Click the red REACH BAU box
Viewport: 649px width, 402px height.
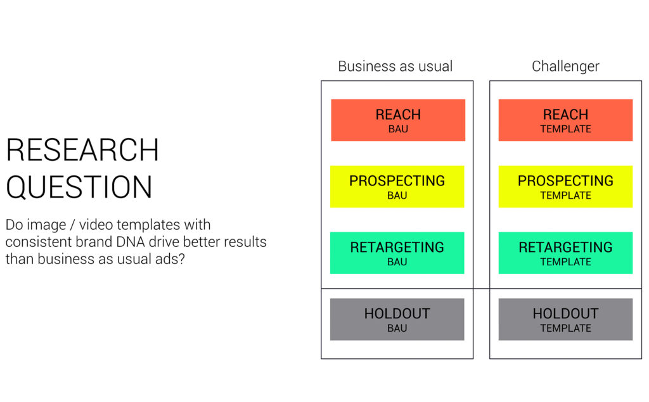click(398, 120)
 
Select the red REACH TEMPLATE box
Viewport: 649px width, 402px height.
click(565, 120)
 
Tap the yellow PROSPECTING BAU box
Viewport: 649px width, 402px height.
click(397, 187)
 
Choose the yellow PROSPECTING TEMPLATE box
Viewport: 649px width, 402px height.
click(565, 187)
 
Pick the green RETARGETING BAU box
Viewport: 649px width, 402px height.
click(397, 253)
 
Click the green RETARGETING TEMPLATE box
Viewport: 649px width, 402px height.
click(565, 253)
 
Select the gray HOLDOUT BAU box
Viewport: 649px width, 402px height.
click(397, 319)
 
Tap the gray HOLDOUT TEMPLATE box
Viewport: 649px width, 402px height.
click(565, 319)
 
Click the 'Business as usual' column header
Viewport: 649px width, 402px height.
click(395, 66)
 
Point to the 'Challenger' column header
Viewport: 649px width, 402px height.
click(565, 66)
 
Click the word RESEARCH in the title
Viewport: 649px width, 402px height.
click(82, 149)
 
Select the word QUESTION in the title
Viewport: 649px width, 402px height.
click(79, 187)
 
